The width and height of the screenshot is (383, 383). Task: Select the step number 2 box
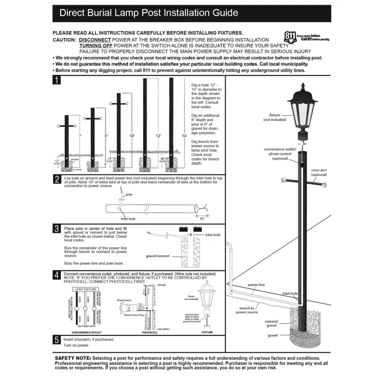pyautogui.click(x=57, y=179)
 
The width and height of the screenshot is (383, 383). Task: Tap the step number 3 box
pyautogui.click(x=57, y=229)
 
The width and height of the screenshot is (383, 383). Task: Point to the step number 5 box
pyautogui.click(x=57, y=339)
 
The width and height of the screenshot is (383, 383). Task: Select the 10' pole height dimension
pyautogui.click(x=132, y=136)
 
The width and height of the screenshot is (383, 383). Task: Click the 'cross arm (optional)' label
pyautogui.click(x=319, y=172)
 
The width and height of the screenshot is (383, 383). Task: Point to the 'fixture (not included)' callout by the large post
pyautogui.click(x=274, y=118)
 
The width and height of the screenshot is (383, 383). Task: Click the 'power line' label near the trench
pyautogui.click(x=256, y=285)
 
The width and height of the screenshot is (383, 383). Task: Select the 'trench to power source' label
pyautogui.click(x=247, y=310)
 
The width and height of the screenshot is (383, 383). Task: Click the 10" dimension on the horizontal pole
pyautogui.click(x=202, y=218)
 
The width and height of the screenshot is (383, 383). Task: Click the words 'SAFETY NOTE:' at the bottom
pyautogui.click(x=73, y=358)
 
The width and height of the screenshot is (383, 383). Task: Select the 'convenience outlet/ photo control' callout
pyautogui.click(x=280, y=154)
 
